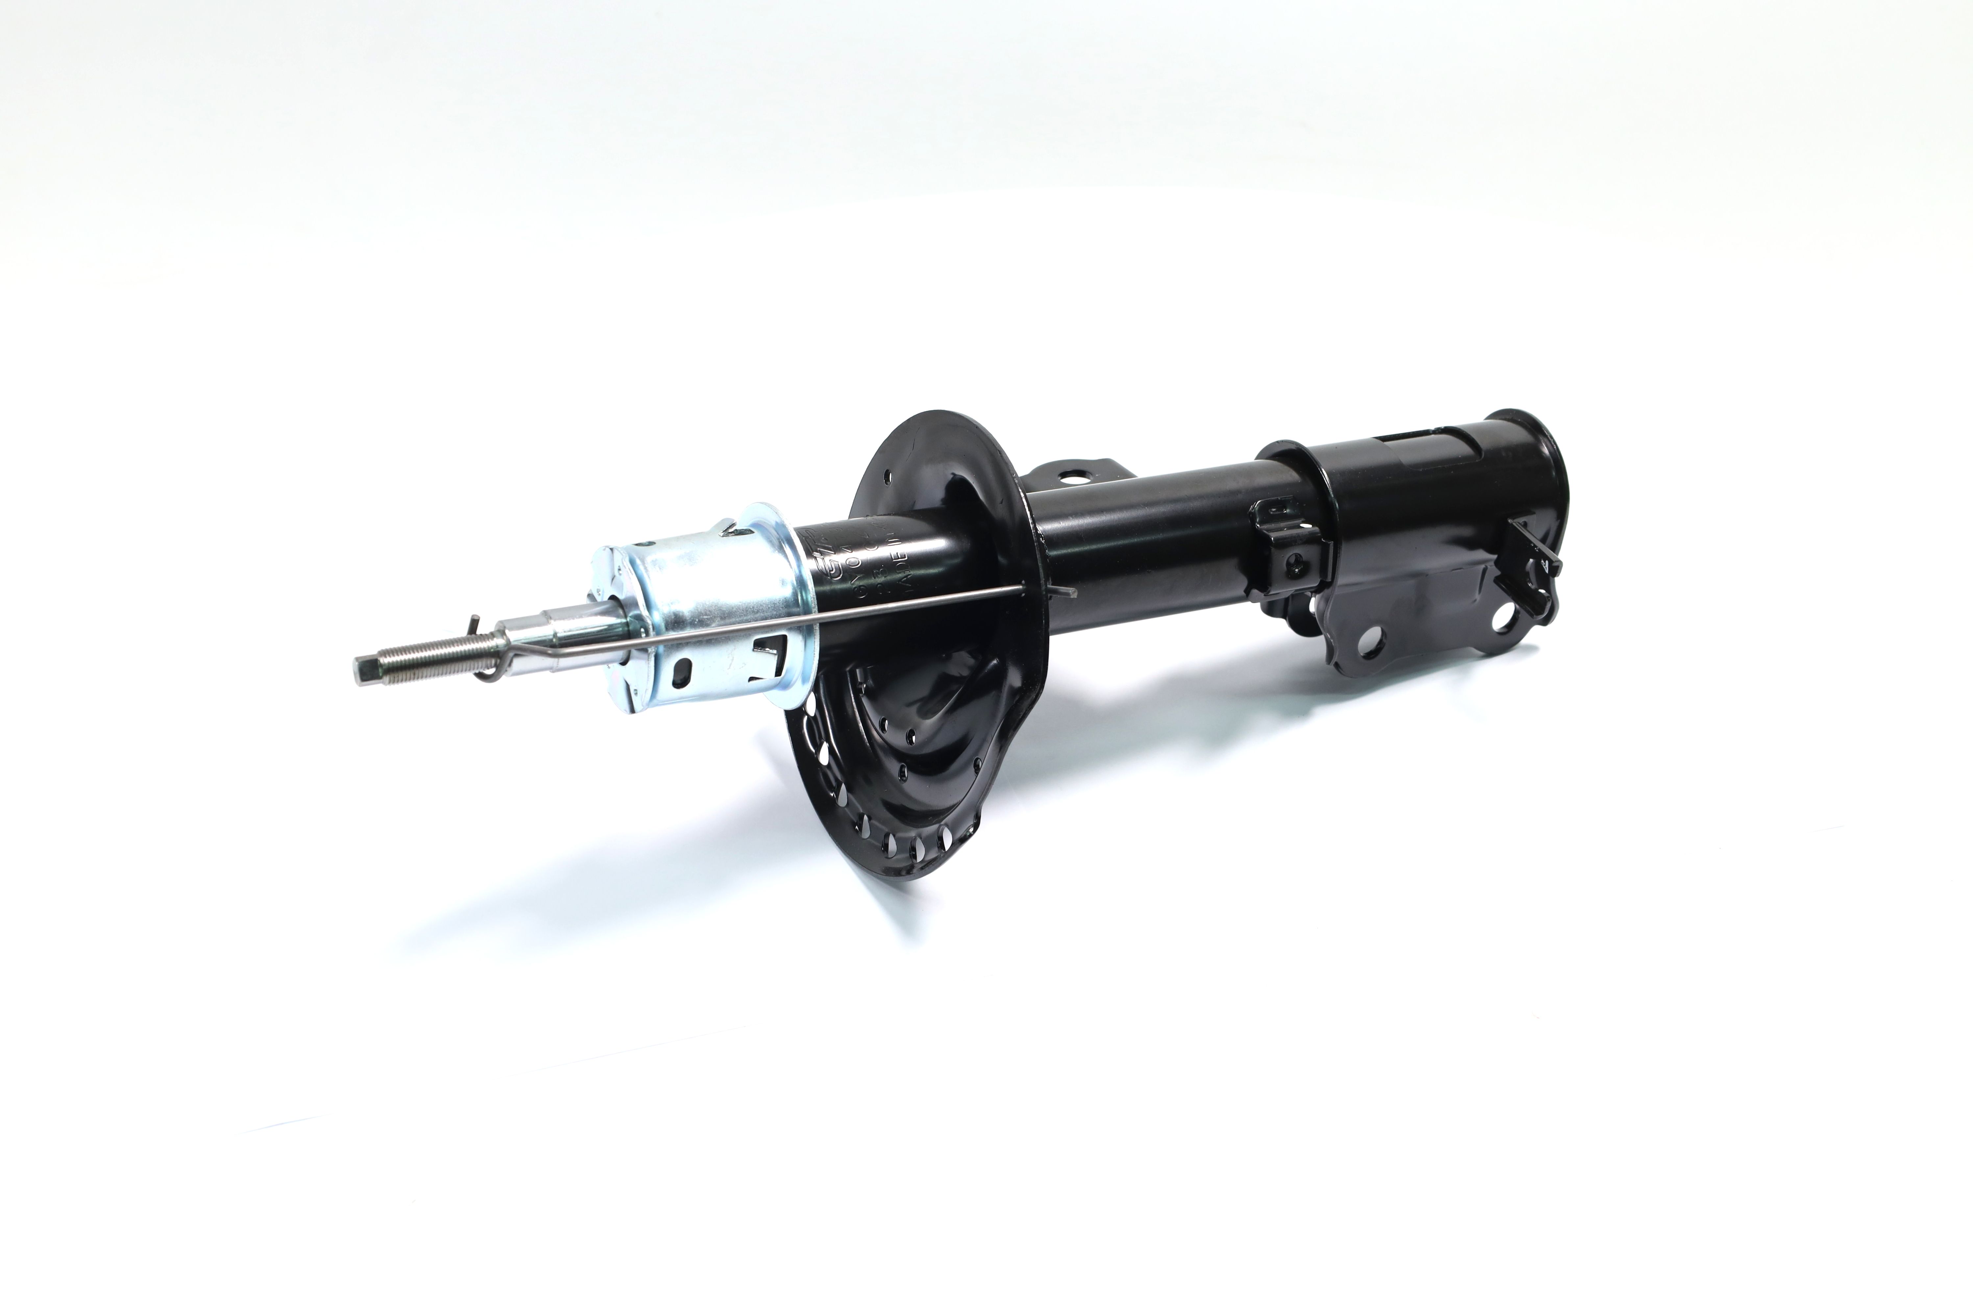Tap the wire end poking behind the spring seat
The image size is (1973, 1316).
click(x=1067, y=593)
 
